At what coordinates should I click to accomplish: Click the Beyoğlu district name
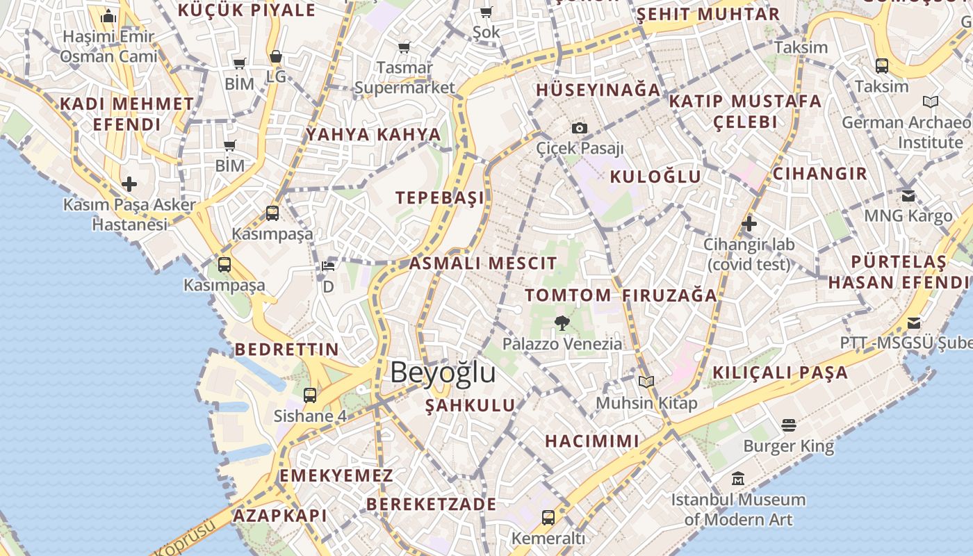[x=443, y=373]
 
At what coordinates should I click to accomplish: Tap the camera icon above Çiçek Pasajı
[x=579, y=128]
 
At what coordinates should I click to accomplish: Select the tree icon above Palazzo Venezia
[x=562, y=322]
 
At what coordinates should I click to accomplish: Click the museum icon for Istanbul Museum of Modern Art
[x=738, y=479]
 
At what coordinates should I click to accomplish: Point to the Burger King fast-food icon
[x=788, y=425]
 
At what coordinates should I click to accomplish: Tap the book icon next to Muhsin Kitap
[x=646, y=382]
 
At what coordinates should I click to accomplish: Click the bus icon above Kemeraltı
[x=548, y=517]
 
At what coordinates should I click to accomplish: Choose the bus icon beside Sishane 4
[x=310, y=395]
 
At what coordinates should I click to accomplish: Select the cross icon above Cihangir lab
[x=749, y=224]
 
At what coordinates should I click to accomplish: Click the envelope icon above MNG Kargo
[x=908, y=195]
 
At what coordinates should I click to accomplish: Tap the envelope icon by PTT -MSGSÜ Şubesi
[x=914, y=323]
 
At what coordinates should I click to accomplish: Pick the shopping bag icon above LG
[x=276, y=56]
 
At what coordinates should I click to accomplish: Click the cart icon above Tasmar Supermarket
[x=404, y=47]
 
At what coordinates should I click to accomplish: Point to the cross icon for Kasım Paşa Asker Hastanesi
[x=129, y=184]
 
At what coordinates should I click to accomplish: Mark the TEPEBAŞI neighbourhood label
[x=440, y=197]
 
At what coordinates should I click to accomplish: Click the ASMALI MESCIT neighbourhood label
[x=482, y=263]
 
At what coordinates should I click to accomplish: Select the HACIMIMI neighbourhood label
[x=592, y=441]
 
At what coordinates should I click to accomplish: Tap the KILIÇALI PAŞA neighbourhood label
[x=780, y=373]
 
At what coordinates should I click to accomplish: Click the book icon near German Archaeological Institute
[x=930, y=102]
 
